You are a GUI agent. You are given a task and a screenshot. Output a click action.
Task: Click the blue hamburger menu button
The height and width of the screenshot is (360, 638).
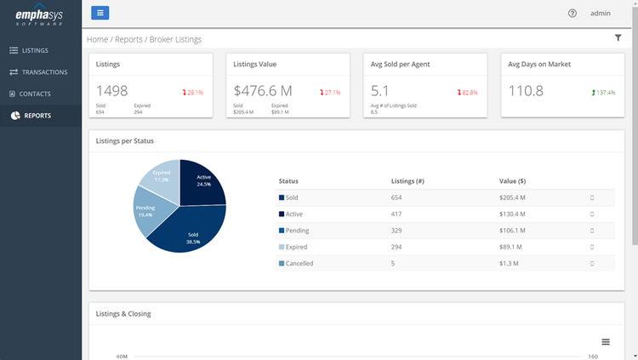[100, 13]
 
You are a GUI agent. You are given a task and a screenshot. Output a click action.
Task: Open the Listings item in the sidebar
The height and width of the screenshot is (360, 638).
[35, 51]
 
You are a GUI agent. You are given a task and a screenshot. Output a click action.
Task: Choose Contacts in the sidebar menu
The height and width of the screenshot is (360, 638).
[35, 94]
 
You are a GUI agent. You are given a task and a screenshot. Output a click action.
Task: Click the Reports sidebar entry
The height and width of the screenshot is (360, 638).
[37, 116]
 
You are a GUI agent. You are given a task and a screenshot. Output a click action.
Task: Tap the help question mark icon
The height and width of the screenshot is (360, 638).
[572, 14]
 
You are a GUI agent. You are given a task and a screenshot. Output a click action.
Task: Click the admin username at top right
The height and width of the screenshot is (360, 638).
[601, 14]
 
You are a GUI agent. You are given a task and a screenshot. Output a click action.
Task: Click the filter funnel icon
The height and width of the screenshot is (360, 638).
[618, 38]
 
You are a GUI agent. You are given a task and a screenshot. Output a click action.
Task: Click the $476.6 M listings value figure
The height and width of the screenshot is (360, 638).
[263, 91]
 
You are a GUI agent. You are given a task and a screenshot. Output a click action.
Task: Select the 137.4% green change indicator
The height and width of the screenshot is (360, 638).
[605, 92]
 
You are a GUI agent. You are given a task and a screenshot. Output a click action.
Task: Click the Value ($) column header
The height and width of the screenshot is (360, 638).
[512, 181]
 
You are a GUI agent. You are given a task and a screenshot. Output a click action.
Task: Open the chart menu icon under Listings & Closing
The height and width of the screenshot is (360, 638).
[606, 341]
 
